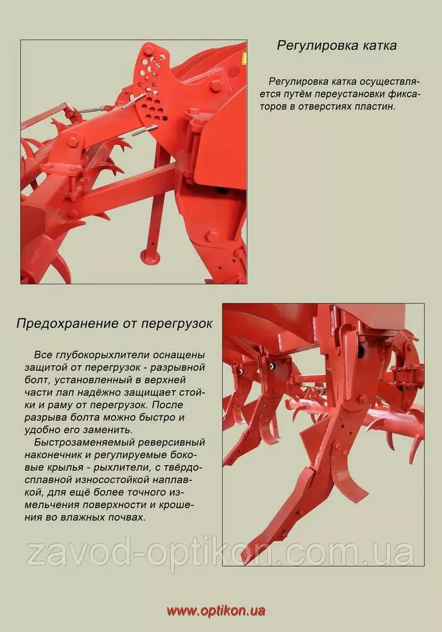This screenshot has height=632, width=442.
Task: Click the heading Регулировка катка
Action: [337, 46]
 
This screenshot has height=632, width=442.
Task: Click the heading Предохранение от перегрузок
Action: [114, 324]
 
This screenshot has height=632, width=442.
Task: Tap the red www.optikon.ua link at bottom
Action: [216, 611]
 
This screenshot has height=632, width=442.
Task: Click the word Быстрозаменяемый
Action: [84, 442]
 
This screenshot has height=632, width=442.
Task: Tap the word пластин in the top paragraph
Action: [374, 107]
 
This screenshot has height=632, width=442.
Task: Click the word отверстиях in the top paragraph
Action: [319, 107]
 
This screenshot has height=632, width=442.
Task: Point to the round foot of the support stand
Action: [150, 255]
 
